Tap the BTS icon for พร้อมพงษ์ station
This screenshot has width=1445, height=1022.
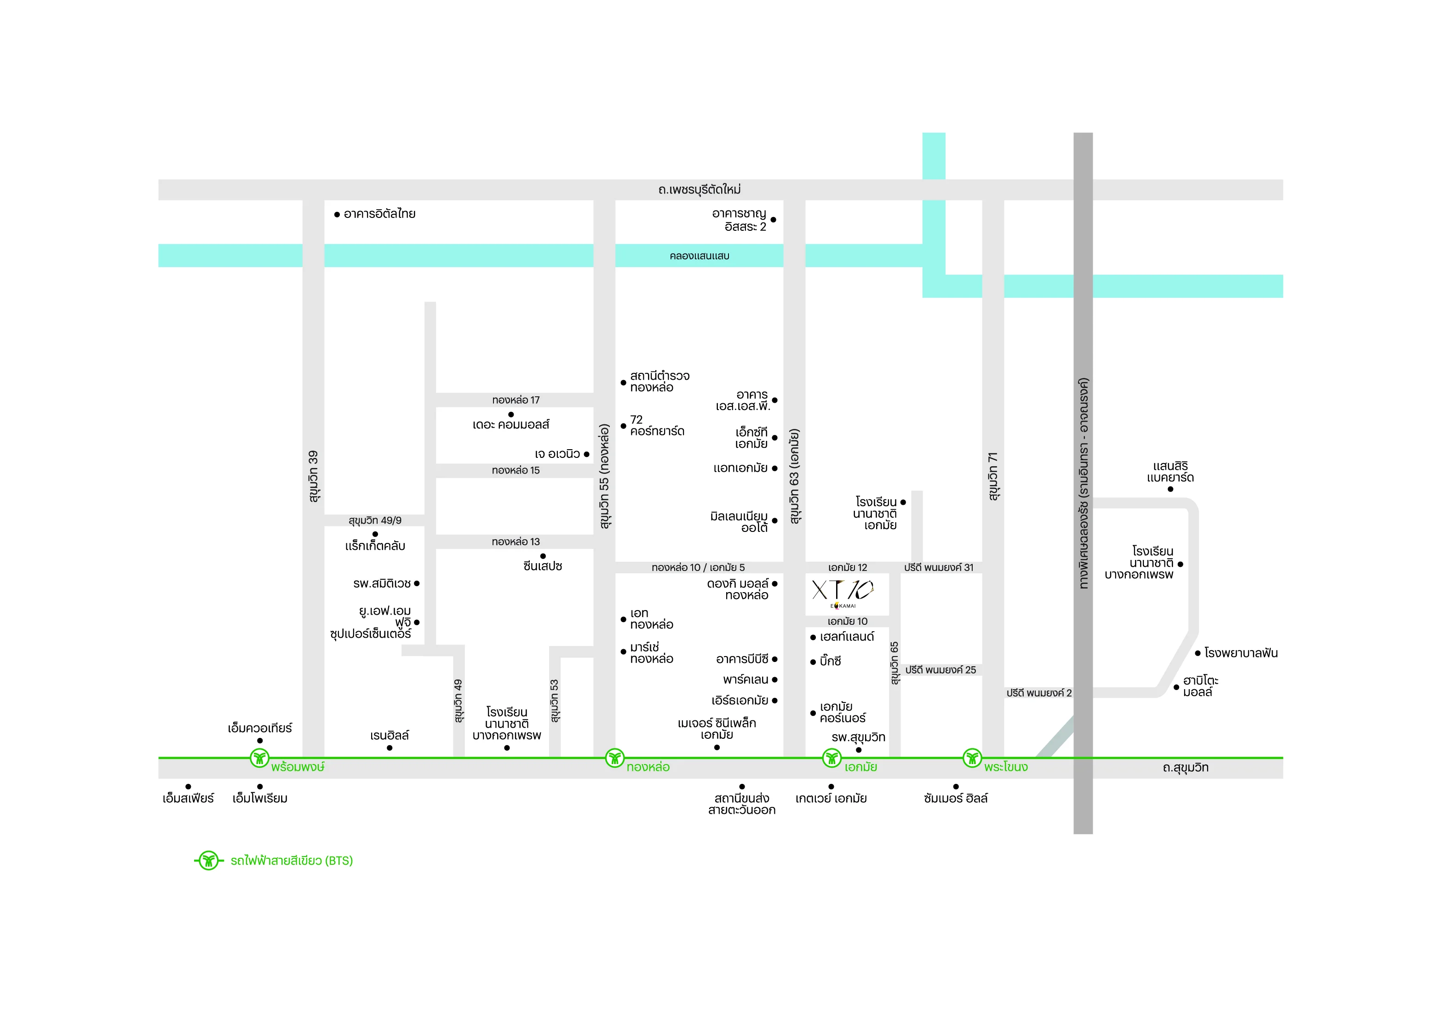coord(259,758)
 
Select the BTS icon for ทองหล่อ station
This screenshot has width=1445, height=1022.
coord(614,758)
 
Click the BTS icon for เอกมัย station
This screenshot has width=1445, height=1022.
coord(832,758)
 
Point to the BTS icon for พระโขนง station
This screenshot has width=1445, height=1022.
coord(972,758)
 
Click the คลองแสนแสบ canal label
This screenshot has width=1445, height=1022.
coord(699,256)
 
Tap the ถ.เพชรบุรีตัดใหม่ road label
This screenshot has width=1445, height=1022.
coord(699,189)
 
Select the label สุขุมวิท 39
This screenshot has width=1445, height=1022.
coord(313,476)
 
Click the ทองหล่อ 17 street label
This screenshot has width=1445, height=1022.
coord(516,400)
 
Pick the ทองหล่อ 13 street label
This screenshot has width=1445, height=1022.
coord(516,542)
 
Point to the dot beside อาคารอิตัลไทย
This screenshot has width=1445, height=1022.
coord(337,215)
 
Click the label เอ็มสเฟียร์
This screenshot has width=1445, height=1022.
coord(188,799)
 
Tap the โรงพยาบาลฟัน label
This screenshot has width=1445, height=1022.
coord(1240,653)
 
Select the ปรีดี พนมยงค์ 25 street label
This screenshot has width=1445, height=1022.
coord(940,670)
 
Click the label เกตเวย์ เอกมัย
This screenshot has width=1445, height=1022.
coord(831,799)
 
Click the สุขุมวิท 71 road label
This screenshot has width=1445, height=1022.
coord(993,476)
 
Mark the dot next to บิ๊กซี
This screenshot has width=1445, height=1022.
coord(813,662)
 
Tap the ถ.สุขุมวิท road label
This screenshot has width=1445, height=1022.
coord(1186,768)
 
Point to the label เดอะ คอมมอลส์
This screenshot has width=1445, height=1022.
coord(510,425)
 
